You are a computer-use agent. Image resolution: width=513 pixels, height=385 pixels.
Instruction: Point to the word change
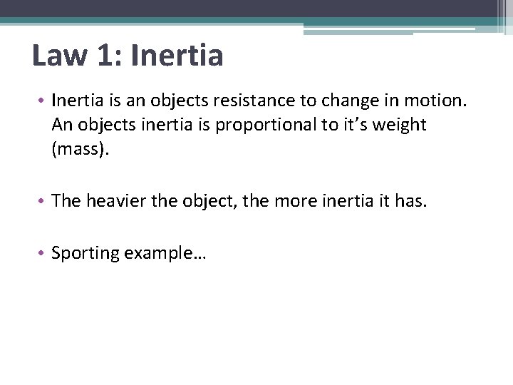coord(366,101)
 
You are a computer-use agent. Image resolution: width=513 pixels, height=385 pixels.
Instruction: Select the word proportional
coord(258,125)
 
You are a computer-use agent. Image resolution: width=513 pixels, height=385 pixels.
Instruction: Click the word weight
coord(397,125)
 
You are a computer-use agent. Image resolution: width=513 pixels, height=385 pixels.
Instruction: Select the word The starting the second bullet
coord(66,202)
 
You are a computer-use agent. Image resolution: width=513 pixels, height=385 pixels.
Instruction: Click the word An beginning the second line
coord(63,125)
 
